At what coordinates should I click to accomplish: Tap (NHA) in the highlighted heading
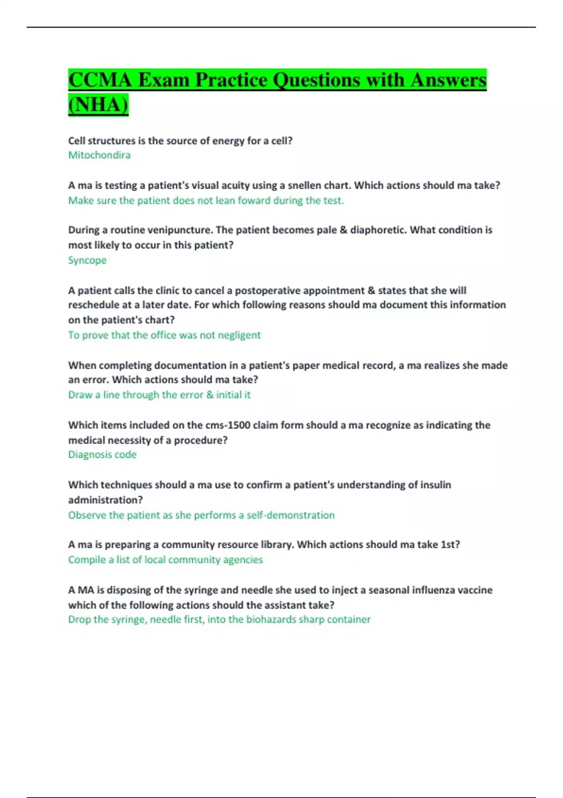click(98, 104)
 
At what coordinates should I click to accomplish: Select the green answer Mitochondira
click(99, 155)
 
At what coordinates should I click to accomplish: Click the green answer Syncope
click(87, 260)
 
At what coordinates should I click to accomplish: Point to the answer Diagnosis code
click(102, 454)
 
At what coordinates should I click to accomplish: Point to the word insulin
click(435, 485)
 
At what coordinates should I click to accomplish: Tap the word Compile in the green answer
click(87, 560)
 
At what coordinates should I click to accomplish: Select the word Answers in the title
click(448, 80)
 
